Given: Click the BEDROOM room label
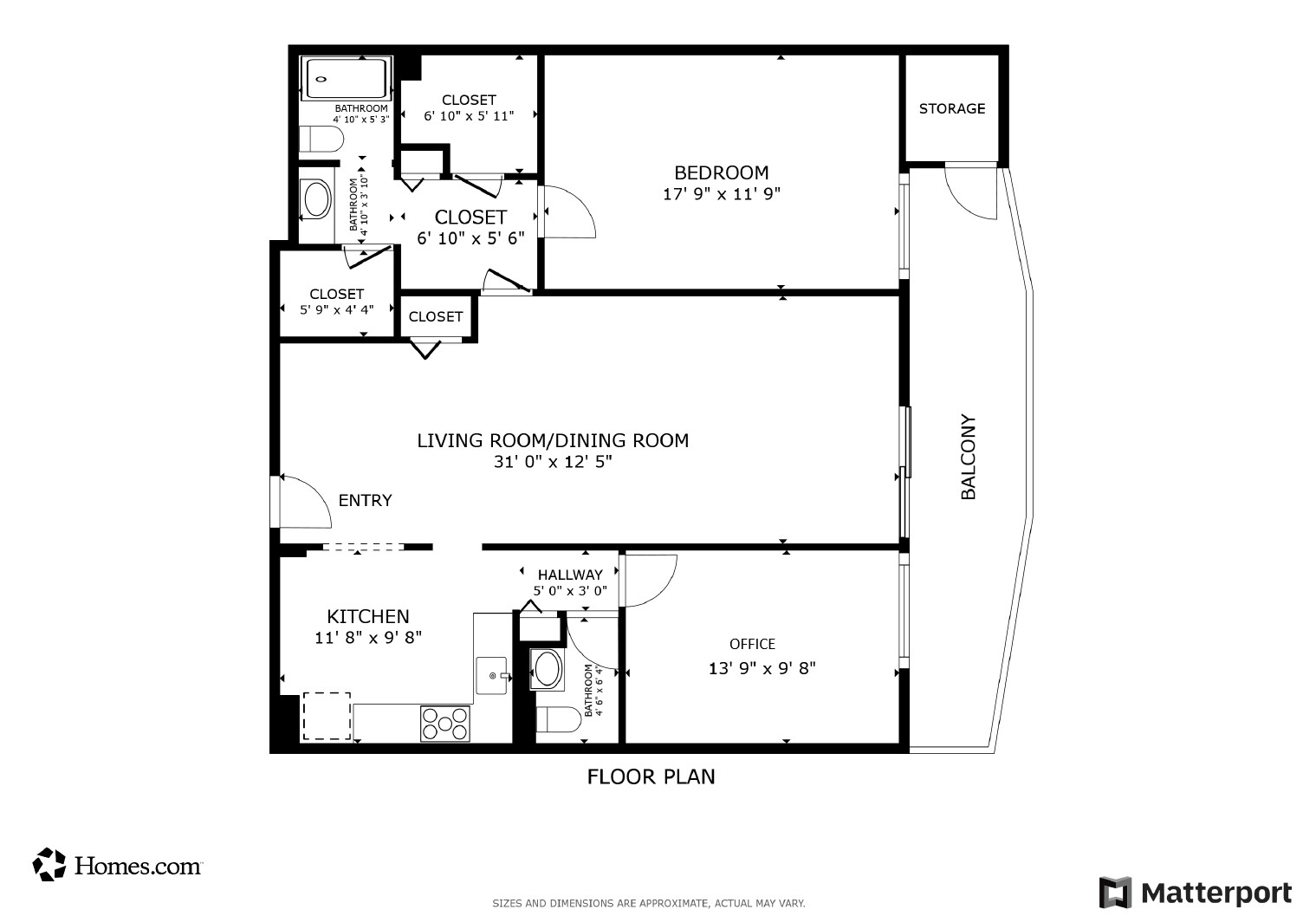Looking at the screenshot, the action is point(722,172).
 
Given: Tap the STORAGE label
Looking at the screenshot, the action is point(951,109).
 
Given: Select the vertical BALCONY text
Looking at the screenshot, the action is point(968,457).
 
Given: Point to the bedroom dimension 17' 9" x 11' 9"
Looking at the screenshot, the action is point(722,194).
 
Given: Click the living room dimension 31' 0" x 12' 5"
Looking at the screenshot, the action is point(553,462).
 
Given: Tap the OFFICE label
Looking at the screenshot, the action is point(752,644).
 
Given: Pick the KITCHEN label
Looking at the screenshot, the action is point(367,616).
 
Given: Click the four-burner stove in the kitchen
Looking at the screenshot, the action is point(445,724).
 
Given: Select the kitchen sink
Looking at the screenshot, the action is point(492,676).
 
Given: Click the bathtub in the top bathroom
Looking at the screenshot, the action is point(347,79).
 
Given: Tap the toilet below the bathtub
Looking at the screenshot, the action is point(321,139).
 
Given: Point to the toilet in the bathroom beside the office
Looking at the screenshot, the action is point(558,719).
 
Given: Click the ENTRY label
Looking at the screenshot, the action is point(365,501).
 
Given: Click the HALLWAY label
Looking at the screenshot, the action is point(570,575).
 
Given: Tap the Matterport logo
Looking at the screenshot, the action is point(1196,892).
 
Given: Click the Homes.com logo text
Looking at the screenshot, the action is point(138,867).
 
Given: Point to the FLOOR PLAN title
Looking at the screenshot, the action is point(651,777).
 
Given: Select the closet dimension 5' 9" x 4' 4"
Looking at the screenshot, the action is point(336,309).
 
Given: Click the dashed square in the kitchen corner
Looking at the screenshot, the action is point(327,716).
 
